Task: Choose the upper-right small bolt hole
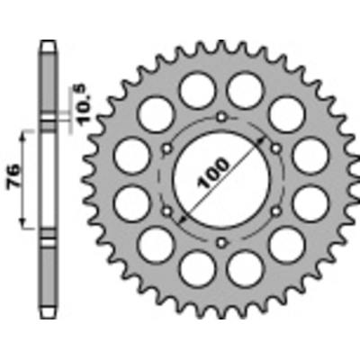[274, 148]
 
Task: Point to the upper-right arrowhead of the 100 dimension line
[267, 134]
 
